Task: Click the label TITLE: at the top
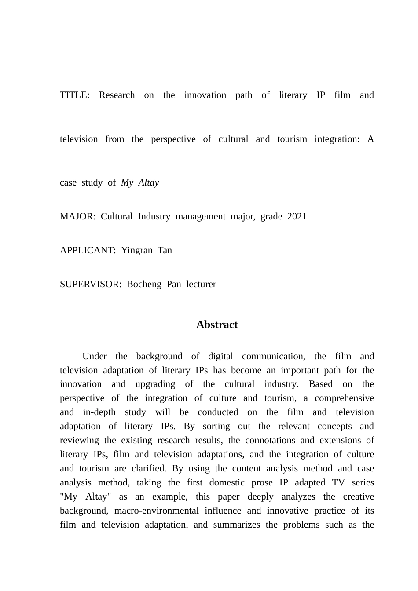coord(75,95)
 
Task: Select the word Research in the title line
coord(117,95)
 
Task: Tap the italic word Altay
coord(148,183)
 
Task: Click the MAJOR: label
coord(77,217)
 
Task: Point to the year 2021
coord(297,217)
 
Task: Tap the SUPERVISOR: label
coord(90,285)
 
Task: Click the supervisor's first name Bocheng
coord(144,285)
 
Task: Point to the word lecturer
coord(201,285)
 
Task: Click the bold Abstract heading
coord(217,325)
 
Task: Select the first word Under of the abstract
coord(95,357)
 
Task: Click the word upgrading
coord(155,384)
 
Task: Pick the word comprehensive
coord(344,398)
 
